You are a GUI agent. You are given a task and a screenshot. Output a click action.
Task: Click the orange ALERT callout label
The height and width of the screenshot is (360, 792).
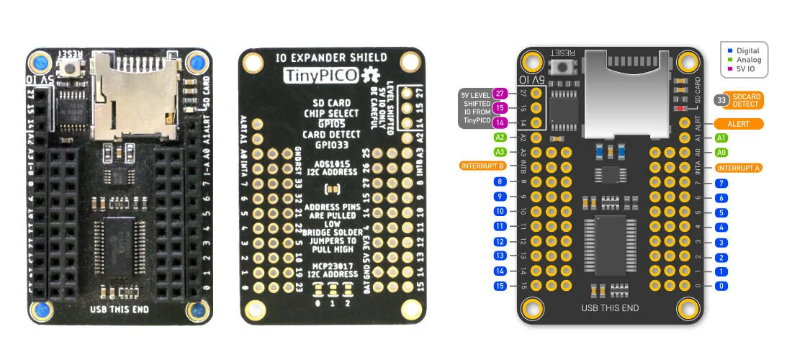click(x=738, y=123)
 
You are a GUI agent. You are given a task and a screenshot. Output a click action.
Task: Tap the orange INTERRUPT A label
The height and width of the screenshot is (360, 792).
click(x=739, y=167)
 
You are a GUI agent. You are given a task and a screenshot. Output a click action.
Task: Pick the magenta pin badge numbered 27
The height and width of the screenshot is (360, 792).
click(x=500, y=93)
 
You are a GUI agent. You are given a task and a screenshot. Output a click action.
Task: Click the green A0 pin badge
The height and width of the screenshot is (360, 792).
click(x=722, y=152)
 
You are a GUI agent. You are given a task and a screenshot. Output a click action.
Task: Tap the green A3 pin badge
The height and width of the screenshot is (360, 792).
click(x=500, y=152)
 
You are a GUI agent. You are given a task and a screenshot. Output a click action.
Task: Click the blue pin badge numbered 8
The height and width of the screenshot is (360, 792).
click(x=500, y=181)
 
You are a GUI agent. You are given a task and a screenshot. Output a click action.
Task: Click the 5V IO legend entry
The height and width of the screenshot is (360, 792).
click(x=744, y=71)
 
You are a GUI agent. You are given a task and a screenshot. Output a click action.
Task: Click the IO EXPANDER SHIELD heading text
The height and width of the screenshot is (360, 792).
click(x=332, y=57)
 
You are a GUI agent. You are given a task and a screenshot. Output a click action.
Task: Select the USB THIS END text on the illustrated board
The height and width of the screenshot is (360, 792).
click(x=610, y=308)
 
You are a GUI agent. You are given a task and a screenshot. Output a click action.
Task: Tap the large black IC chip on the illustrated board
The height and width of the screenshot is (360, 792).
click(x=611, y=245)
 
